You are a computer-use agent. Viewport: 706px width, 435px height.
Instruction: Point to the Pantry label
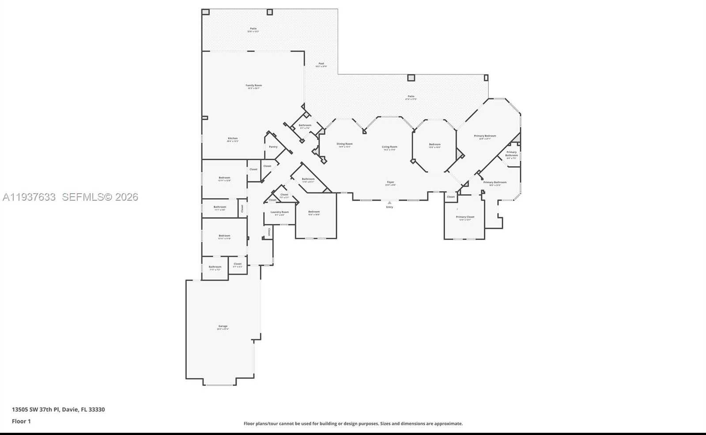[273, 147]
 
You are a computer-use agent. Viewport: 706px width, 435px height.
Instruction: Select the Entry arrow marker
[389, 203]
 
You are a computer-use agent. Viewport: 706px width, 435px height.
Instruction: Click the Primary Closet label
[465, 217]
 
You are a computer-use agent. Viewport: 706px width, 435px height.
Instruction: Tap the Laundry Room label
[279, 213]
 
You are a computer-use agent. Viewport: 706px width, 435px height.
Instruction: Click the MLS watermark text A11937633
[29, 197]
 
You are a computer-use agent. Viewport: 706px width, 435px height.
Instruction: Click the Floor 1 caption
[21, 421]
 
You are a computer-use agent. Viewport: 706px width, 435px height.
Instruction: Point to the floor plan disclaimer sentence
[353, 424]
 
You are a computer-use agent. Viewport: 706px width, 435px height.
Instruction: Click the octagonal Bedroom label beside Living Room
[434, 145]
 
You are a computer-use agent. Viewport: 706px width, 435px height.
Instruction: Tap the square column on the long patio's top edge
[411, 78]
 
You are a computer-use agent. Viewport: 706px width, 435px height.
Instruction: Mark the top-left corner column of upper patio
[205, 12]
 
